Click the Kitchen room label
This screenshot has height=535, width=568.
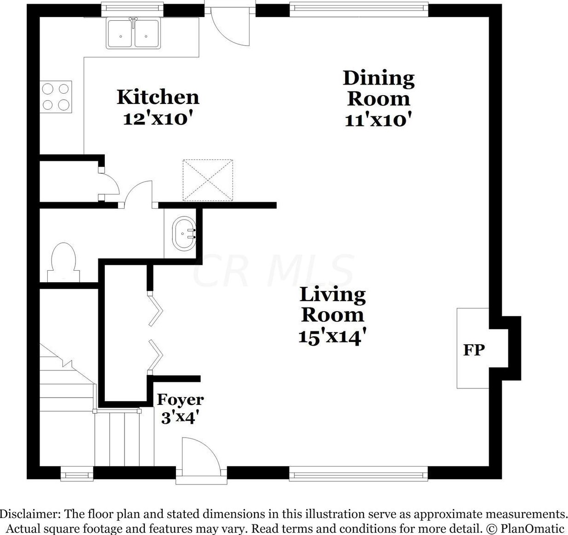158,97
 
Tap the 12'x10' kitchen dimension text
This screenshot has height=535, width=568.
156,119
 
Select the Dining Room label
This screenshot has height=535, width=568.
379,88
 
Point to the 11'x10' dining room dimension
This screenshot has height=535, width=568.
377,120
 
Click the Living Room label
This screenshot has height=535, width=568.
333,304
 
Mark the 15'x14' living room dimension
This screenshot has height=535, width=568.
332,336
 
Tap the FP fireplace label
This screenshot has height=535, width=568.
474,350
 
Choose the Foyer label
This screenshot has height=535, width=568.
180,399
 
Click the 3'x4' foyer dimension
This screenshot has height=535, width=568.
180,418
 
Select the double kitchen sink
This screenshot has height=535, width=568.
134,34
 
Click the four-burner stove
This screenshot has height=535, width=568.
56,97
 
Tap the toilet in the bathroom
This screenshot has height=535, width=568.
64,262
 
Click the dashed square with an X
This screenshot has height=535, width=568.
208,180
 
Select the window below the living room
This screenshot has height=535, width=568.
358,473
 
